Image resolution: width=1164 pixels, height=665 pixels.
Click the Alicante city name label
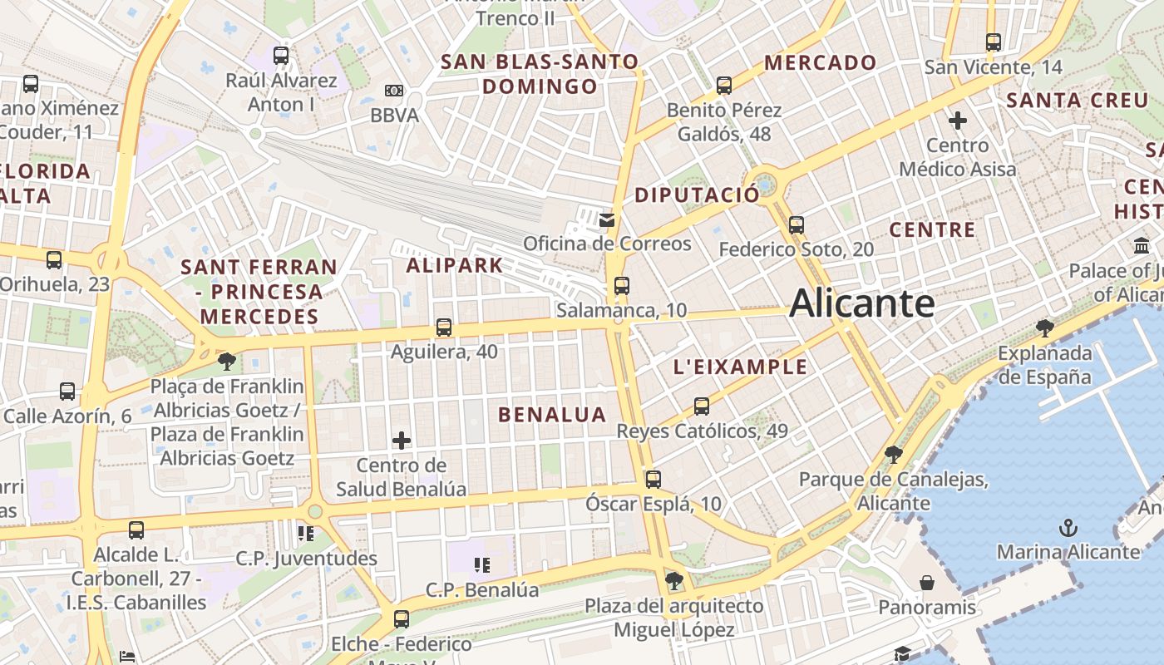click(x=861, y=303)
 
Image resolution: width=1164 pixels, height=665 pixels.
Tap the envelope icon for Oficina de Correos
click(x=607, y=219)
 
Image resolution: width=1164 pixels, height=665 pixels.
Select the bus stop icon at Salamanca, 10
click(x=621, y=286)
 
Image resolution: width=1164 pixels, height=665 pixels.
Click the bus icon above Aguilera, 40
click(x=444, y=328)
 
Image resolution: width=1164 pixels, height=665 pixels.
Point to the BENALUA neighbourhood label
click(x=552, y=415)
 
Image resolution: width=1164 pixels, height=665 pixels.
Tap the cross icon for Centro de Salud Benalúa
click(x=402, y=440)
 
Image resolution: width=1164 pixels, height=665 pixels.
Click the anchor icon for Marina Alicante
click(x=1068, y=528)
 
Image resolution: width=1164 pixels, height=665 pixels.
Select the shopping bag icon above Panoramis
click(x=927, y=583)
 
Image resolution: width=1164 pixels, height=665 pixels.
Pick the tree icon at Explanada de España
click(x=1045, y=328)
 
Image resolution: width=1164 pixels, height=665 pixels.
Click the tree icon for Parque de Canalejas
click(x=894, y=454)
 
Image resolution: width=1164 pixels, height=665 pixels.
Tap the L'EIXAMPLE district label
click(x=740, y=367)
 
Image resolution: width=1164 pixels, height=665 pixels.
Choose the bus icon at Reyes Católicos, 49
click(x=702, y=406)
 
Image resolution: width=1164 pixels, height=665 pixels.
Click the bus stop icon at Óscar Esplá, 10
click(x=654, y=479)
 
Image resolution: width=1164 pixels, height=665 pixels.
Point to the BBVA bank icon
click(x=394, y=91)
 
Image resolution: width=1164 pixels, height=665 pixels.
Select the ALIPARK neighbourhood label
click(x=454, y=266)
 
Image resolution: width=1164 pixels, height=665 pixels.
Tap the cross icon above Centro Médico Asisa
click(x=958, y=121)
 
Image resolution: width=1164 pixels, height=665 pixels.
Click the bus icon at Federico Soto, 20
click(x=797, y=224)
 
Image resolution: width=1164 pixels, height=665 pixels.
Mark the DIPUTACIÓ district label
click(x=697, y=195)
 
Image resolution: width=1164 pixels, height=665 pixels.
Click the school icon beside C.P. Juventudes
click(x=306, y=533)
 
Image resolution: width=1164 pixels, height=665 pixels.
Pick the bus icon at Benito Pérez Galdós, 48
click(x=724, y=85)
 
